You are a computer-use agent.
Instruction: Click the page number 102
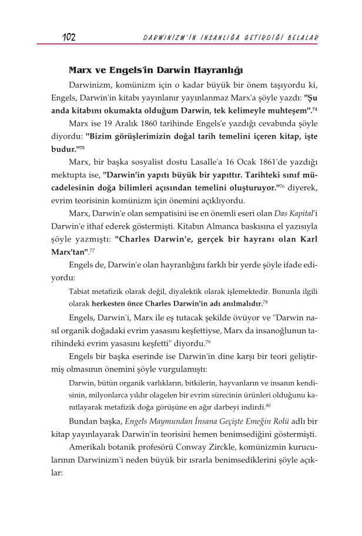[69, 38]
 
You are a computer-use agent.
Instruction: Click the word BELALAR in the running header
[302, 38]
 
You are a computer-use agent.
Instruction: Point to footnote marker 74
[316, 109]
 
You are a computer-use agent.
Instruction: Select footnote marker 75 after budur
[90, 148]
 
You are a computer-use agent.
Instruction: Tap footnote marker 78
[266, 302]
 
